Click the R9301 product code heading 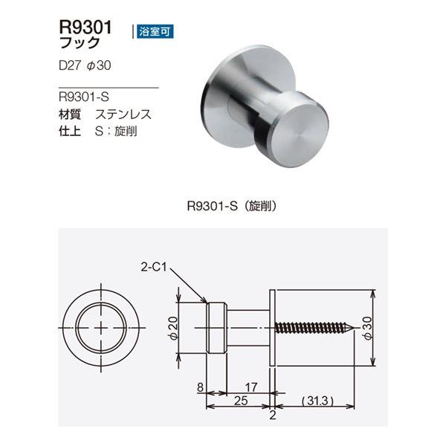click(85, 28)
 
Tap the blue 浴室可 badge click(155, 31)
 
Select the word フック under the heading click(80, 43)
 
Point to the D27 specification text click(70, 65)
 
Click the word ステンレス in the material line click(123, 114)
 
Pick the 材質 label click(70, 114)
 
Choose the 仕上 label click(70, 131)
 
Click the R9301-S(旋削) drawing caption click(232, 206)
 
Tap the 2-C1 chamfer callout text click(154, 267)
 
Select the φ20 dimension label click(173, 328)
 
